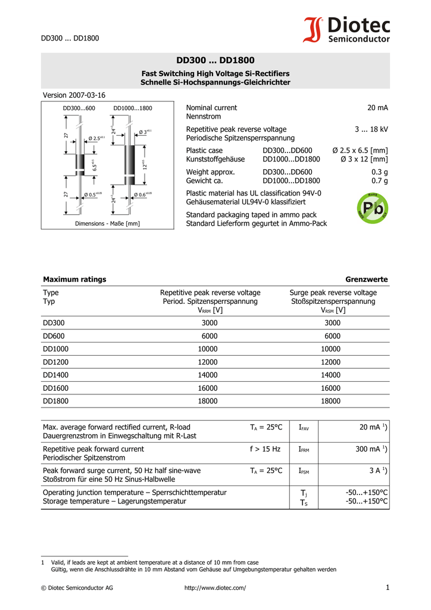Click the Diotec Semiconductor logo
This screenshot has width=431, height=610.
pos(347,30)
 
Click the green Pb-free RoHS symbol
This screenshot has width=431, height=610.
pos(373,208)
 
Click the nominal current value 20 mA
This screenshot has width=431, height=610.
pos(377,108)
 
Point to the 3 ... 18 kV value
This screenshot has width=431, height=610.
pos(371,129)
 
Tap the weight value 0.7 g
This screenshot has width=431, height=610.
pos(380,180)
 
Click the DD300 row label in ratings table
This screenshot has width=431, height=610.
pos(54,323)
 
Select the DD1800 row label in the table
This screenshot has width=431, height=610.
pos(56,402)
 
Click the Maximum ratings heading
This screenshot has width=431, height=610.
pos(74,279)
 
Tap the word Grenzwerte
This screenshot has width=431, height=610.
pos(367,279)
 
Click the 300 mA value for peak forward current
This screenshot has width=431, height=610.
pos(371,449)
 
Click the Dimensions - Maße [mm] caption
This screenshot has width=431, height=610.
pos(107,223)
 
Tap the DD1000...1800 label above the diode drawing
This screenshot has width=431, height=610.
pos(133,108)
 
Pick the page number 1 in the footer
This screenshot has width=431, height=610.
pos(387,588)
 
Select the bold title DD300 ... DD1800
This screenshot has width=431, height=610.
pos(215,60)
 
